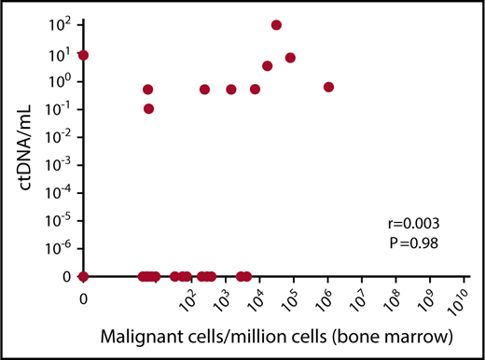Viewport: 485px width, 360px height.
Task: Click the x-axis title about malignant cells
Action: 269,334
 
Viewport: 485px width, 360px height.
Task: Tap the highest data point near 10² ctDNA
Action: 276,25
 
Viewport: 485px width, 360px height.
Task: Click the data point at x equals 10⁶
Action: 328,87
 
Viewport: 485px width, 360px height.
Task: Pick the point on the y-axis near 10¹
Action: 84,55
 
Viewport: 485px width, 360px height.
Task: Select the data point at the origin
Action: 84,276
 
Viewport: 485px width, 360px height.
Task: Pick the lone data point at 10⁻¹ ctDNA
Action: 148,108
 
